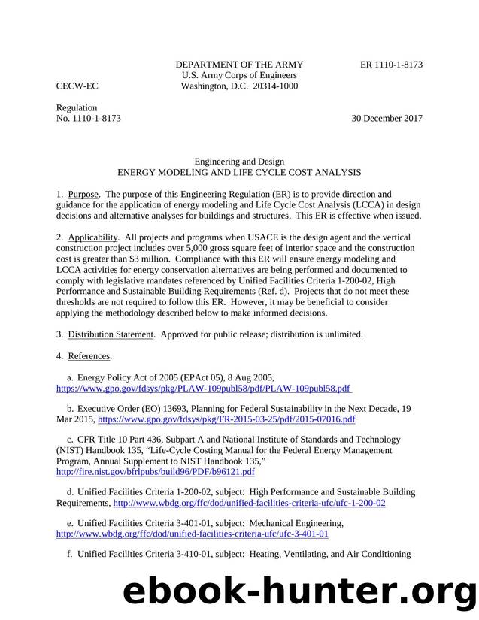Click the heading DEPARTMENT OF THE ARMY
pyautogui.click(x=239, y=65)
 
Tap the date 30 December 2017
pyautogui.click(x=387, y=119)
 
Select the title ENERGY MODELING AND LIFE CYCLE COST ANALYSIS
pyautogui.click(x=239, y=172)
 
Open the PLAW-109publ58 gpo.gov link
pyautogui.click(x=204, y=388)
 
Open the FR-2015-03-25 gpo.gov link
pyautogui.click(x=226, y=419)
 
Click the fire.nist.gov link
pyautogui.click(x=156, y=472)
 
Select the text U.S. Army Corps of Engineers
pyautogui.click(x=239, y=75)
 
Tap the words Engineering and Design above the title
pyautogui.click(x=239, y=161)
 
